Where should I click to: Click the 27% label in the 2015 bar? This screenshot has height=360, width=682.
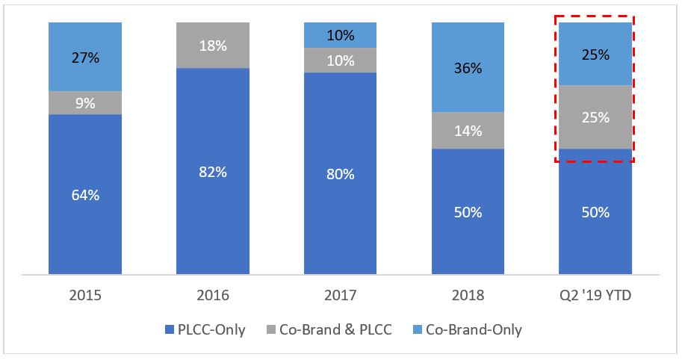(x=85, y=58)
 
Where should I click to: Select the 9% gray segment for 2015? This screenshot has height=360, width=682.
(x=85, y=103)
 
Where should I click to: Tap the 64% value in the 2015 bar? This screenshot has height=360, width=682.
(x=85, y=195)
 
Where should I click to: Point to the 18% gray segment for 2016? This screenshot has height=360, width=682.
(x=213, y=46)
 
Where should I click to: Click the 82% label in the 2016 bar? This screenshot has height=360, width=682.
(x=213, y=171)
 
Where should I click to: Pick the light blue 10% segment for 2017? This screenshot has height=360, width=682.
(x=341, y=35)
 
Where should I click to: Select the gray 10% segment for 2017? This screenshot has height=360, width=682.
(x=341, y=60)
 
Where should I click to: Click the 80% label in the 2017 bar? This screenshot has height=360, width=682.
(x=341, y=174)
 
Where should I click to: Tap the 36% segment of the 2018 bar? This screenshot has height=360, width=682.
(x=468, y=68)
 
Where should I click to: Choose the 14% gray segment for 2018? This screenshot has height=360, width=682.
(x=468, y=131)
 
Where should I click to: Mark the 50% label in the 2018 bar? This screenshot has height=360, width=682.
(x=468, y=212)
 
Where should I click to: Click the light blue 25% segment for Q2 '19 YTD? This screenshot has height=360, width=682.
(x=595, y=55)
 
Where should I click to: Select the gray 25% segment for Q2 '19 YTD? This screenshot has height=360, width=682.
(x=595, y=117)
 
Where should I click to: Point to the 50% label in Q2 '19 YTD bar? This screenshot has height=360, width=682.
(x=595, y=212)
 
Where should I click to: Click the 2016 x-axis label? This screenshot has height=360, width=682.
(x=213, y=296)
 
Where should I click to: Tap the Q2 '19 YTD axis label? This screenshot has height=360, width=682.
(x=595, y=296)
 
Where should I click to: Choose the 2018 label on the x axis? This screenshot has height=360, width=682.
(x=468, y=296)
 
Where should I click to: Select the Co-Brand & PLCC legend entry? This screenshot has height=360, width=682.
(x=329, y=329)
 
